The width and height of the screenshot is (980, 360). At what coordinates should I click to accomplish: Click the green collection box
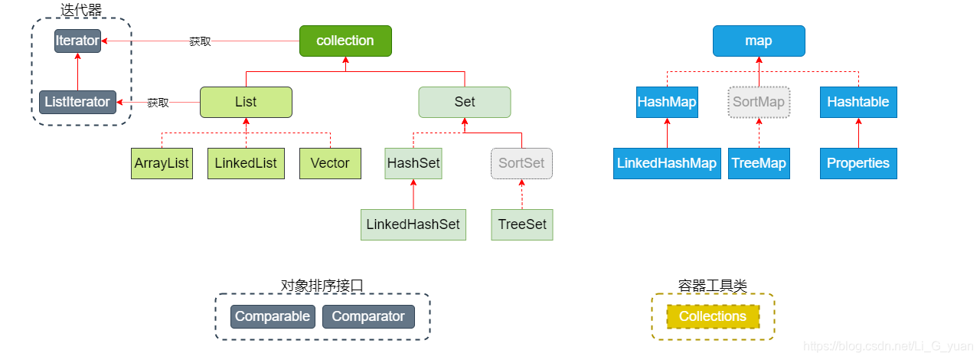(345, 41)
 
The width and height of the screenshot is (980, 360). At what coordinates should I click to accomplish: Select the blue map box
(758, 41)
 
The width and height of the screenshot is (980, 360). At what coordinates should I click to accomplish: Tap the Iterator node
(77, 41)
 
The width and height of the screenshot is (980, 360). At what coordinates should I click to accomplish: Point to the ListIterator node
(77, 102)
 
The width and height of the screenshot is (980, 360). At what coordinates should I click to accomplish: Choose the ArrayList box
(162, 163)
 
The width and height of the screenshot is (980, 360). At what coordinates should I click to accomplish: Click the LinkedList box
(246, 163)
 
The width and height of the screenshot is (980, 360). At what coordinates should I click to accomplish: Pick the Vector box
(330, 163)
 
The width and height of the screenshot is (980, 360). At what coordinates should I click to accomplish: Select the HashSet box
(413, 163)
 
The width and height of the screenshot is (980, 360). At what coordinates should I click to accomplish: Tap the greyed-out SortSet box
(521, 163)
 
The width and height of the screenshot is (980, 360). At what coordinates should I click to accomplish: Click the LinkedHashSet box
(413, 224)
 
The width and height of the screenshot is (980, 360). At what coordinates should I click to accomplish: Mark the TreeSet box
(521, 224)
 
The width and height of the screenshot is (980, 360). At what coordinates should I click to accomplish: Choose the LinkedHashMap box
(667, 163)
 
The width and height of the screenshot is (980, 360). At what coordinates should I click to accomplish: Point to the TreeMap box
(758, 163)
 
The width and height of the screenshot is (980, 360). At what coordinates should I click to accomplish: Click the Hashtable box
(857, 102)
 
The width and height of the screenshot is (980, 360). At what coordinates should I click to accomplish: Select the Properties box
(857, 163)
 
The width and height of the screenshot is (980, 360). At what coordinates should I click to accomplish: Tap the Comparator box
(368, 316)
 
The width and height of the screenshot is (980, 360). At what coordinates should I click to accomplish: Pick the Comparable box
(273, 316)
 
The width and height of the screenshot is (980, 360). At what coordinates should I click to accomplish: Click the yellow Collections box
(713, 316)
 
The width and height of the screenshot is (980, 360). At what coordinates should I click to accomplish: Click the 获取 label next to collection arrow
(200, 41)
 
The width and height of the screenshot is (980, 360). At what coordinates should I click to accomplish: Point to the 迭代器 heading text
(81, 10)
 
